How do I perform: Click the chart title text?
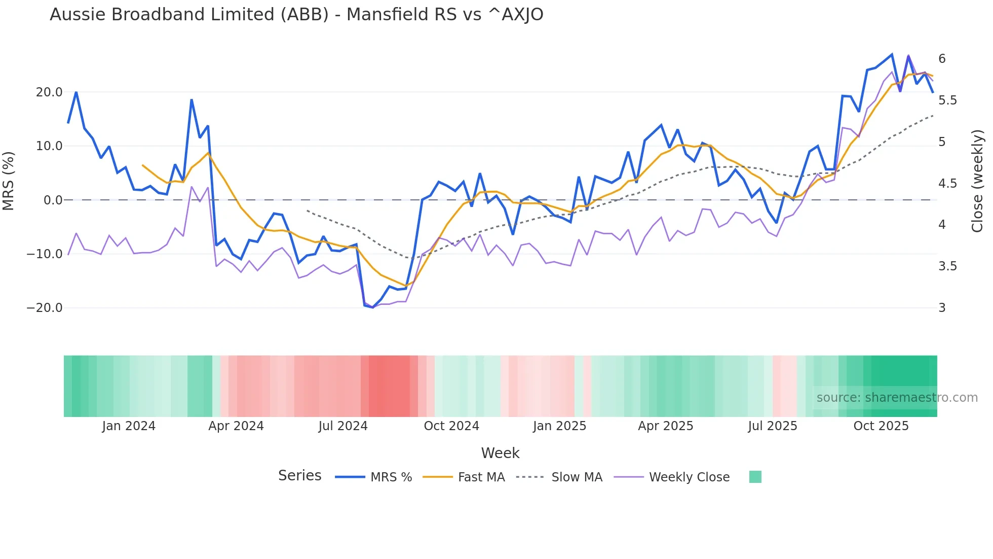coord(296,15)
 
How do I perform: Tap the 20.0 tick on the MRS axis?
coord(49,92)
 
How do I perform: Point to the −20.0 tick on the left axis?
coord(45,308)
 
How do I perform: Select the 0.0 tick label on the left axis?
coord(53,200)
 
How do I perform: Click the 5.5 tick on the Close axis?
coord(947,100)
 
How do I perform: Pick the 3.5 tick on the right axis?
coord(947,266)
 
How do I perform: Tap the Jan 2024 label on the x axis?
coord(129,426)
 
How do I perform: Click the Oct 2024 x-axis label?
coord(451,426)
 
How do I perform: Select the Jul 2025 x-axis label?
coord(773,426)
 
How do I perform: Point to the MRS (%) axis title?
coord(9,181)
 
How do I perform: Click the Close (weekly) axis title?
coord(977,181)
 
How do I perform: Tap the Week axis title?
coord(500,453)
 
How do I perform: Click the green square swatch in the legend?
coord(755,477)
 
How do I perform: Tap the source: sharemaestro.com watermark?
coord(897,398)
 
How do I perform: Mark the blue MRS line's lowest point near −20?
coord(373,307)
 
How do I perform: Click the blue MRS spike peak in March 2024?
coord(192,100)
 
